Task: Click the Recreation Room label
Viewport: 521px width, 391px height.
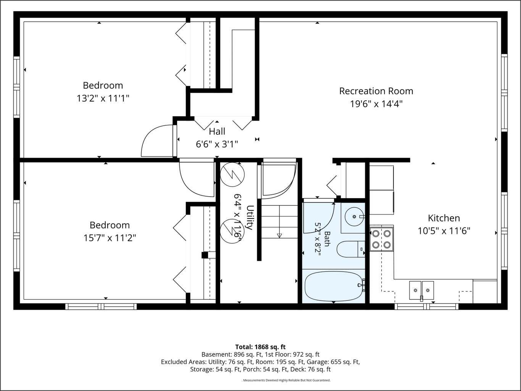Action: (x=376, y=91)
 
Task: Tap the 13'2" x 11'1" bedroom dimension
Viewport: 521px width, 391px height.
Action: (x=103, y=98)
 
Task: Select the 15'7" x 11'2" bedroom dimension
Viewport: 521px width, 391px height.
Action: (x=110, y=238)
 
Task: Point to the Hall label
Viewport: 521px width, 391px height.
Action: (x=217, y=131)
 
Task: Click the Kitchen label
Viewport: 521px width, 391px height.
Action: (x=444, y=218)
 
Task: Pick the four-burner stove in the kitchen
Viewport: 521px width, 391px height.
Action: (x=381, y=239)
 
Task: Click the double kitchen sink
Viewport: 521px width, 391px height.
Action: (x=421, y=290)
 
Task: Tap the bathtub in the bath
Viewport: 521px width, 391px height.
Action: (x=334, y=286)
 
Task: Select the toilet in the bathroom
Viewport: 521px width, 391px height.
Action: (x=351, y=249)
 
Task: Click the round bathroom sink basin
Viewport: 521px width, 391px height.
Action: (x=354, y=217)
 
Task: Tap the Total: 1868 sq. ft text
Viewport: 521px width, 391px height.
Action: (x=260, y=347)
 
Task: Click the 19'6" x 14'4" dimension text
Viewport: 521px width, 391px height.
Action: (x=376, y=104)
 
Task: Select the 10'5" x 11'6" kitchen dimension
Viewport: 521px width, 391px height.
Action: (x=444, y=231)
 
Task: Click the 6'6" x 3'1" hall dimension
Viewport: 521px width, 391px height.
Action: (x=217, y=144)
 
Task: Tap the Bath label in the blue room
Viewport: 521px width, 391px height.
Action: (x=327, y=239)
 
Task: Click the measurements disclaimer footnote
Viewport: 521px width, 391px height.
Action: (x=286, y=380)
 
